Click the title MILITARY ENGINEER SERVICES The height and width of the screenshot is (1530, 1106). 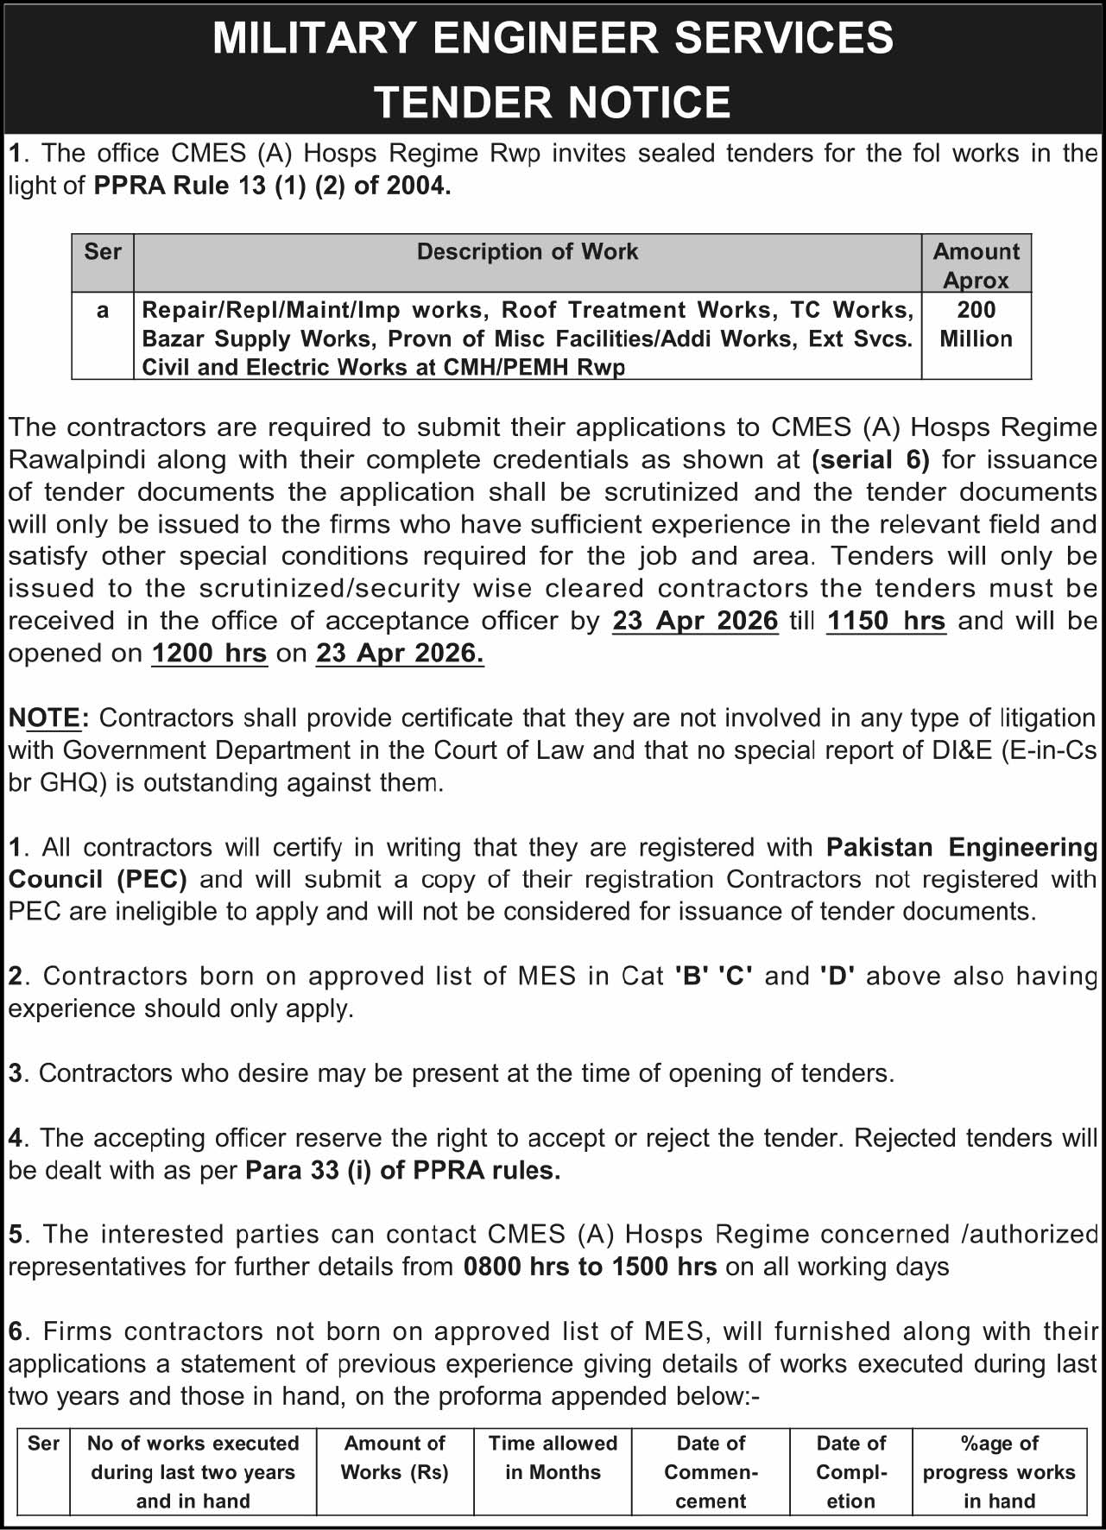tap(553, 39)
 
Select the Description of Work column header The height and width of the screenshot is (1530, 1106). tap(528, 251)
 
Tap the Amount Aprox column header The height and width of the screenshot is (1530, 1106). tap(976, 265)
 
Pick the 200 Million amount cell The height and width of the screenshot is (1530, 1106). tap(976, 325)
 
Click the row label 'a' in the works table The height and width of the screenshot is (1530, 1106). tap(103, 311)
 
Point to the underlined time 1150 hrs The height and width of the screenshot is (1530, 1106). tap(886, 621)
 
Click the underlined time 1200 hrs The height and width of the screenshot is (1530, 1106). tap(209, 654)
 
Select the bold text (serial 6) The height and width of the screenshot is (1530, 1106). tap(870, 459)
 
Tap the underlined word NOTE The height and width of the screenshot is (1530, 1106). tap(45, 718)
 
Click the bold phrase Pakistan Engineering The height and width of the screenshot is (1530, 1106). tap(961, 847)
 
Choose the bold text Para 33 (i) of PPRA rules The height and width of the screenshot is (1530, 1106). tap(403, 1171)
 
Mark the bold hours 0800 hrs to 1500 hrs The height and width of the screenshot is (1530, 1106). tap(590, 1267)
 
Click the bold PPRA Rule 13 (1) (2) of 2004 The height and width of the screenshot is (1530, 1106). tap(272, 186)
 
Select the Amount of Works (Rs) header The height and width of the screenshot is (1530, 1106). tap(395, 1457)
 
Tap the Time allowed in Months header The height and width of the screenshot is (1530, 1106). tap(553, 1457)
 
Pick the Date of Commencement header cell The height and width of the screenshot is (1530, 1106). tap(711, 1472)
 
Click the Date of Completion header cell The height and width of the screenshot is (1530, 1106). tap(850, 1472)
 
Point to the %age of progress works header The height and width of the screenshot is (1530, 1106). tap(999, 1472)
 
